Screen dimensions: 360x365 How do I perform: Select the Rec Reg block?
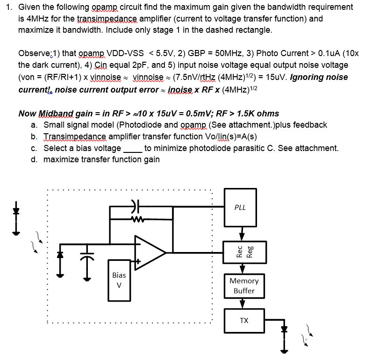click(x=243, y=252)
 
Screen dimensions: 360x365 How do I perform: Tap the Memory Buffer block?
click(x=243, y=286)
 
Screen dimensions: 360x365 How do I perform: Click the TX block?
click(x=243, y=320)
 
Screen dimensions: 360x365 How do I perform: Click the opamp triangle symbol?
click(x=149, y=252)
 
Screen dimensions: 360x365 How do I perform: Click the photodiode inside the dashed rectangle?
click(x=60, y=256)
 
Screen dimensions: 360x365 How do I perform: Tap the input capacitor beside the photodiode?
click(x=85, y=255)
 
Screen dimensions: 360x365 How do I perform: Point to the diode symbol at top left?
click(x=16, y=211)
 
